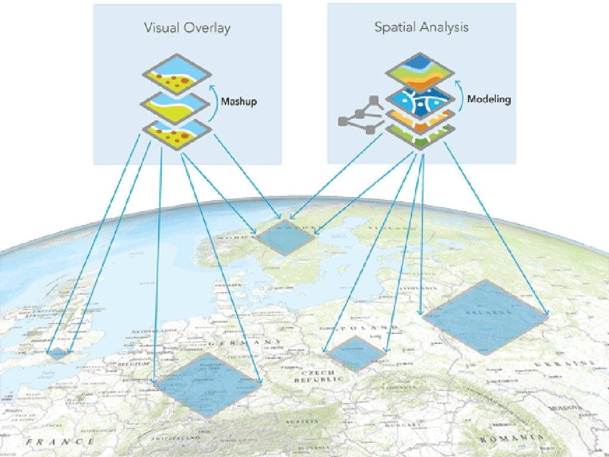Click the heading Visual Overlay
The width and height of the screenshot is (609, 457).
pyautogui.click(x=187, y=28)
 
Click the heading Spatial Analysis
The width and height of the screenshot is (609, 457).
pyautogui.click(x=421, y=27)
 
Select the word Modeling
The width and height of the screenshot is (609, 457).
pyautogui.click(x=488, y=99)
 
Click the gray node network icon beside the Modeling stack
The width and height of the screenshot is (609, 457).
pyautogui.click(x=360, y=115)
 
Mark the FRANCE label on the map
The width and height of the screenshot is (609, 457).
pyautogui.click(x=60, y=442)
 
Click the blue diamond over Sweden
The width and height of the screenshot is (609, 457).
pyautogui.click(x=285, y=237)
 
